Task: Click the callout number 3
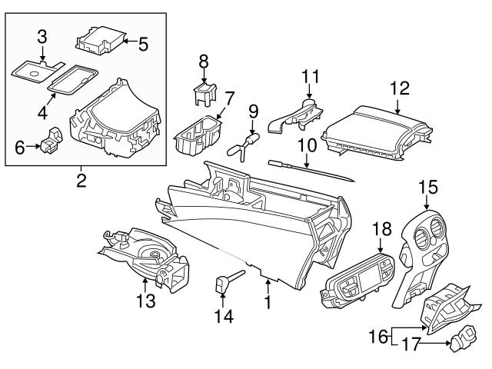coord(42,35)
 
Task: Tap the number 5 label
coord(142,44)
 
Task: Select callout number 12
coord(400,89)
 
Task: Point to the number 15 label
coord(427,187)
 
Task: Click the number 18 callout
coord(382,229)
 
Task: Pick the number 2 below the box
coord(81,181)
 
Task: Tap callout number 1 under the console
coord(268,303)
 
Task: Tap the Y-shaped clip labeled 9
coord(244,145)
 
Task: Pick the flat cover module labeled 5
coord(101,40)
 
